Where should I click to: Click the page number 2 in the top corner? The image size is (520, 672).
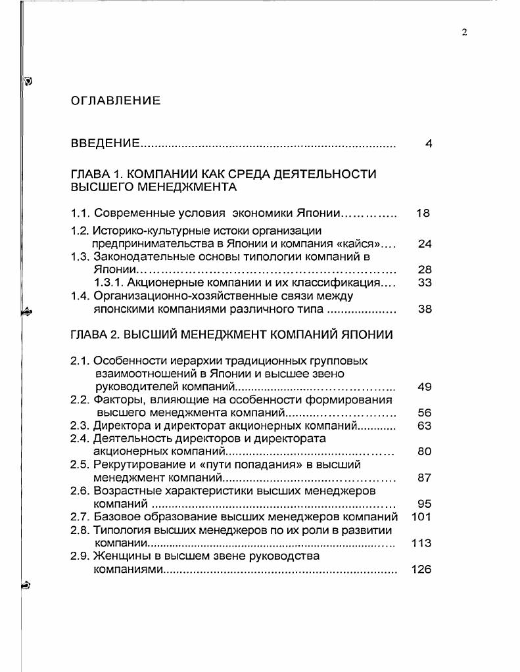tap(464, 33)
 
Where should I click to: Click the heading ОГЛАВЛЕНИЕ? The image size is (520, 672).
tap(115, 101)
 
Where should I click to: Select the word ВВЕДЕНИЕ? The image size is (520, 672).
tap(105, 143)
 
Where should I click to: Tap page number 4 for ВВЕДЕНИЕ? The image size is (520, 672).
tap(428, 144)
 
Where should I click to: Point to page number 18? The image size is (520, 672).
tap(424, 213)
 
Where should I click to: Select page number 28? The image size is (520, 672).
tap(425, 269)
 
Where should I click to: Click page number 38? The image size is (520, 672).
tap(425, 309)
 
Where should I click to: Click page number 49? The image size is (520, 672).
tap(425, 386)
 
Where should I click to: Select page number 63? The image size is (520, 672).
tap(425, 426)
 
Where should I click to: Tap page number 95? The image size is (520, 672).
tap(425, 504)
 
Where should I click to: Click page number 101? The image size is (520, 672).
tap(421, 517)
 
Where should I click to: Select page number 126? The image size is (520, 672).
tap(421, 569)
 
